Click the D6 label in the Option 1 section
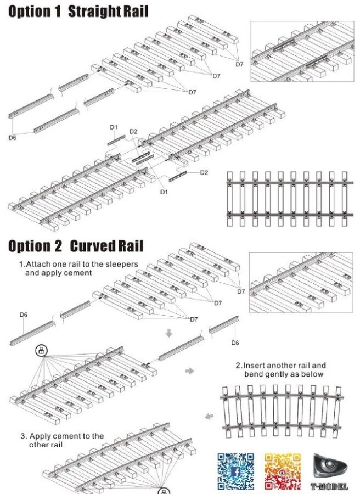[x=12, y=138]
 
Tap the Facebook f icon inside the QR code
[x=235, y=471]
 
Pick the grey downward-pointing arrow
[x=169, y=333]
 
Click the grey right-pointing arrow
[x=190, y=372]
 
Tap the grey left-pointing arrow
[x=209, y=417]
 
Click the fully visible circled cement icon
[x=41, y=350]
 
